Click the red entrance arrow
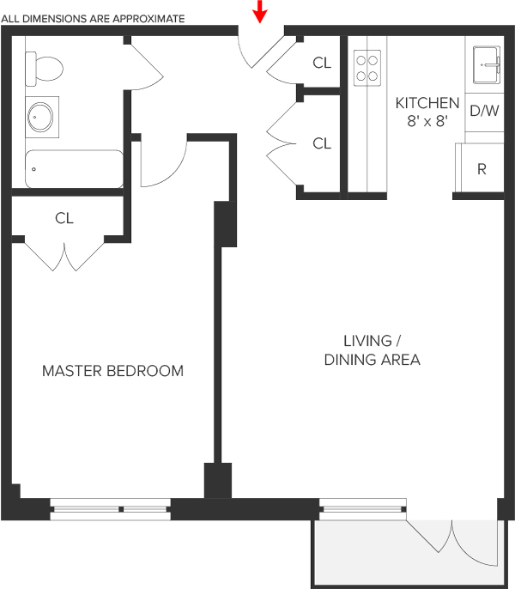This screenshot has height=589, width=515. point(259,11)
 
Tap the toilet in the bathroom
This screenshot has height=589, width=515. point(44,69)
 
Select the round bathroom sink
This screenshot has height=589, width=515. point(42,117)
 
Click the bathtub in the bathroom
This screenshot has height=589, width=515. point(74,169)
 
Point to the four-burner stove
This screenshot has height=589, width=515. point(367,68)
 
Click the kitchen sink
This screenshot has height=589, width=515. point(487,64)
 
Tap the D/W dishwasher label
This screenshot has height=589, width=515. point(484,111)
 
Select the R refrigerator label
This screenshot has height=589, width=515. point(482,169)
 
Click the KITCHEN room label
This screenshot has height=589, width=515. point(427,103)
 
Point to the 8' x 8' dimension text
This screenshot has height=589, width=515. point(427,121)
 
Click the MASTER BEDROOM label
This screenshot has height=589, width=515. point(112,371)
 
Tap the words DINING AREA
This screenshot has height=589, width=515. point(372,360)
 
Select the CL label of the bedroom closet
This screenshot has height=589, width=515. point(64,218)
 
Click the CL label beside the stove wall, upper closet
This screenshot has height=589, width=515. point(322,63)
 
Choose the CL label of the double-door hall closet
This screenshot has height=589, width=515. point(322,143)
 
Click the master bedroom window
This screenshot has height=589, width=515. point(111,509)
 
